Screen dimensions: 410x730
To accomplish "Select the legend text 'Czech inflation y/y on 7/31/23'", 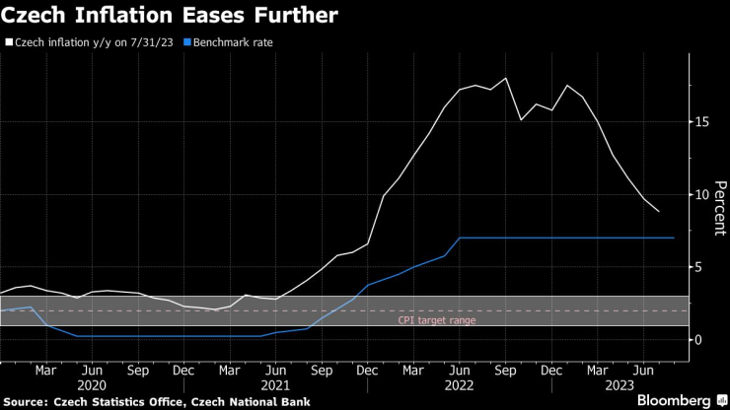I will [x=91, y=43].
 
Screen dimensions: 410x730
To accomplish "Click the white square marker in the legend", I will [x=9, y=43].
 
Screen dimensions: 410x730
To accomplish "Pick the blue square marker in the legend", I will [x=186, y=43].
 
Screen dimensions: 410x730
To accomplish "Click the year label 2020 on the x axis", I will [x=91, y=386].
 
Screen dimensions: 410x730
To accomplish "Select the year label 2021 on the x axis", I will [x=274, y=386].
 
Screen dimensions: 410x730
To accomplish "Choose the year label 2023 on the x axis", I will [x=620, y=386].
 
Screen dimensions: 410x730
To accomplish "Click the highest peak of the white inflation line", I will [x=506, y=78].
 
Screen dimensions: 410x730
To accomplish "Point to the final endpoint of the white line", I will [x=659, y=212].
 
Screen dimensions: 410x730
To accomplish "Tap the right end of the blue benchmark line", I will [x=674, y=238].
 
